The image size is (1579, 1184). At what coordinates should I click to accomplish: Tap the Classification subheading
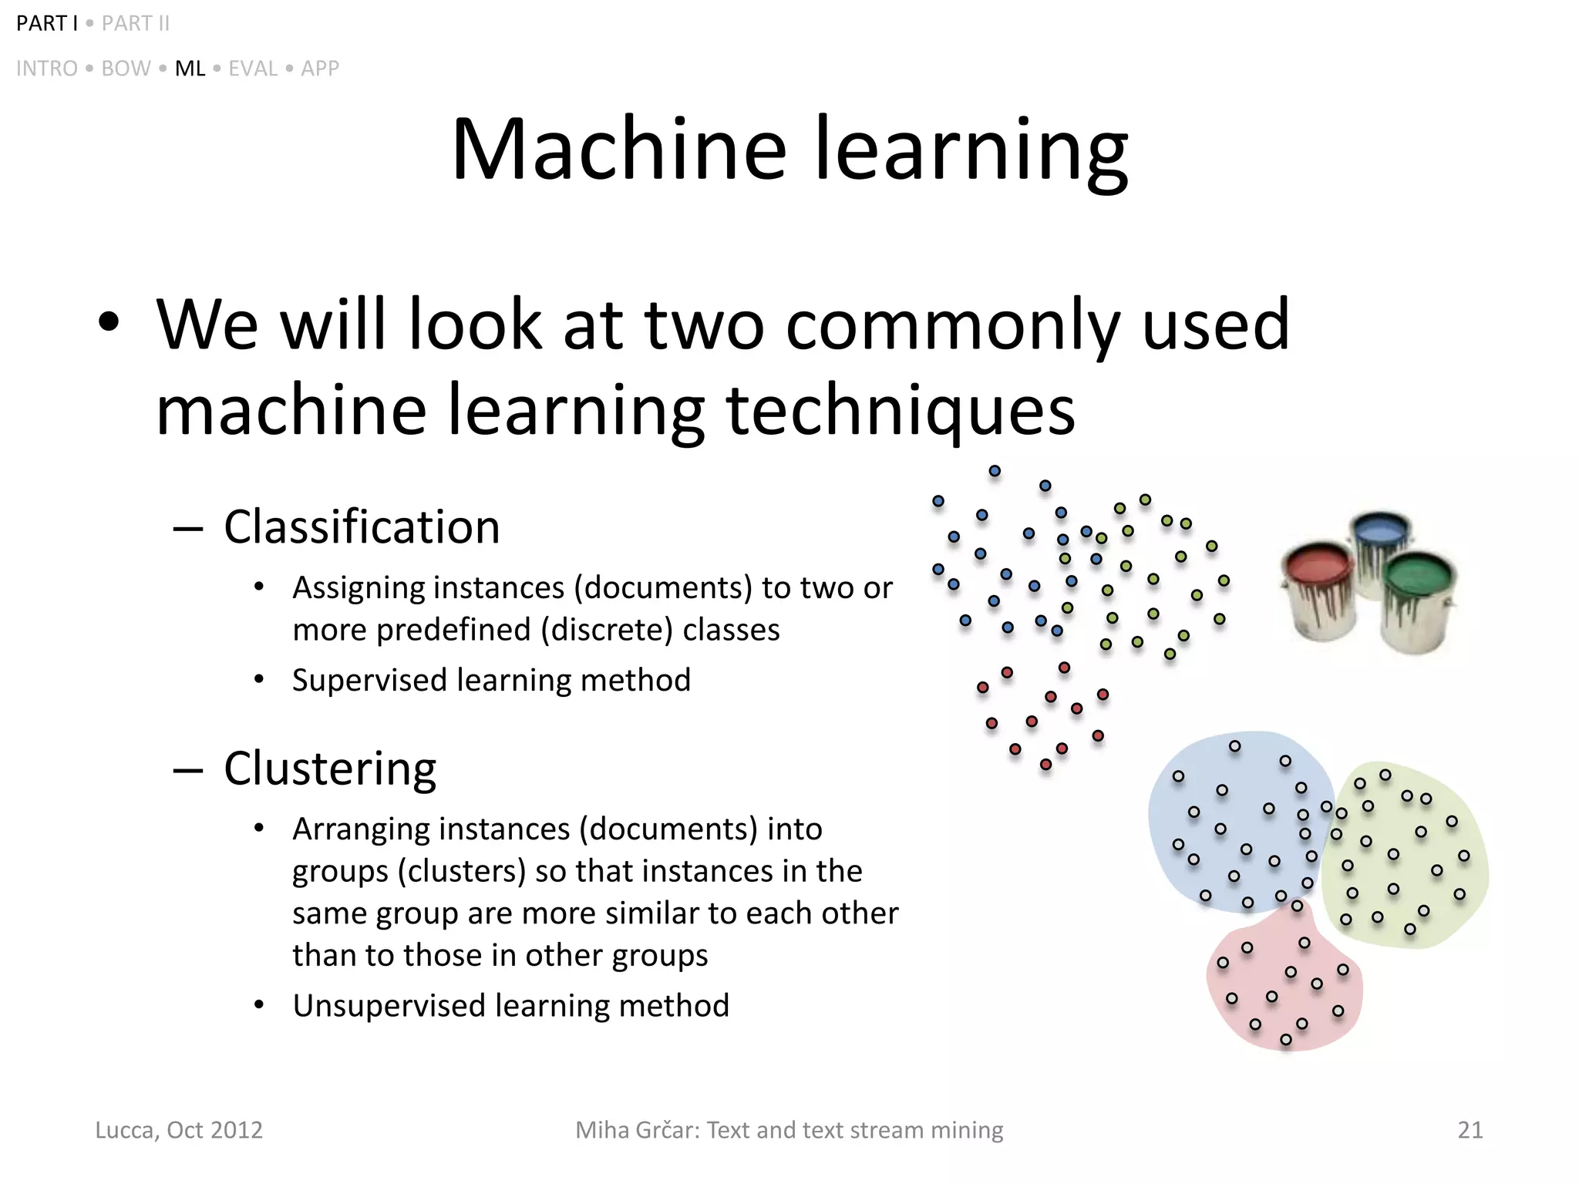362,527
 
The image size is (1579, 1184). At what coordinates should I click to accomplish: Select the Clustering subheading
330,769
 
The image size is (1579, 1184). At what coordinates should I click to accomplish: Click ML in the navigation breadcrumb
190,69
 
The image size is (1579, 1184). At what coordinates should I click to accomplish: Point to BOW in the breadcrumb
126,69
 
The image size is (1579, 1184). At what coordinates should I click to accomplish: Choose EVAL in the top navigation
253,69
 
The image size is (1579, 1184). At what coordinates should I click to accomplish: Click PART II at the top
136,24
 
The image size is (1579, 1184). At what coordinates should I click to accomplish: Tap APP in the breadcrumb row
320,69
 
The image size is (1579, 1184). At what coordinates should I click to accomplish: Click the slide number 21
1470,1130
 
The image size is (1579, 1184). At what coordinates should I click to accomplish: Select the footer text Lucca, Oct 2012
179,1130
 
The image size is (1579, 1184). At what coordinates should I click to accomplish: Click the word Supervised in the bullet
370,681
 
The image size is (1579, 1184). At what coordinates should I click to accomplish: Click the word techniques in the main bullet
900,410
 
